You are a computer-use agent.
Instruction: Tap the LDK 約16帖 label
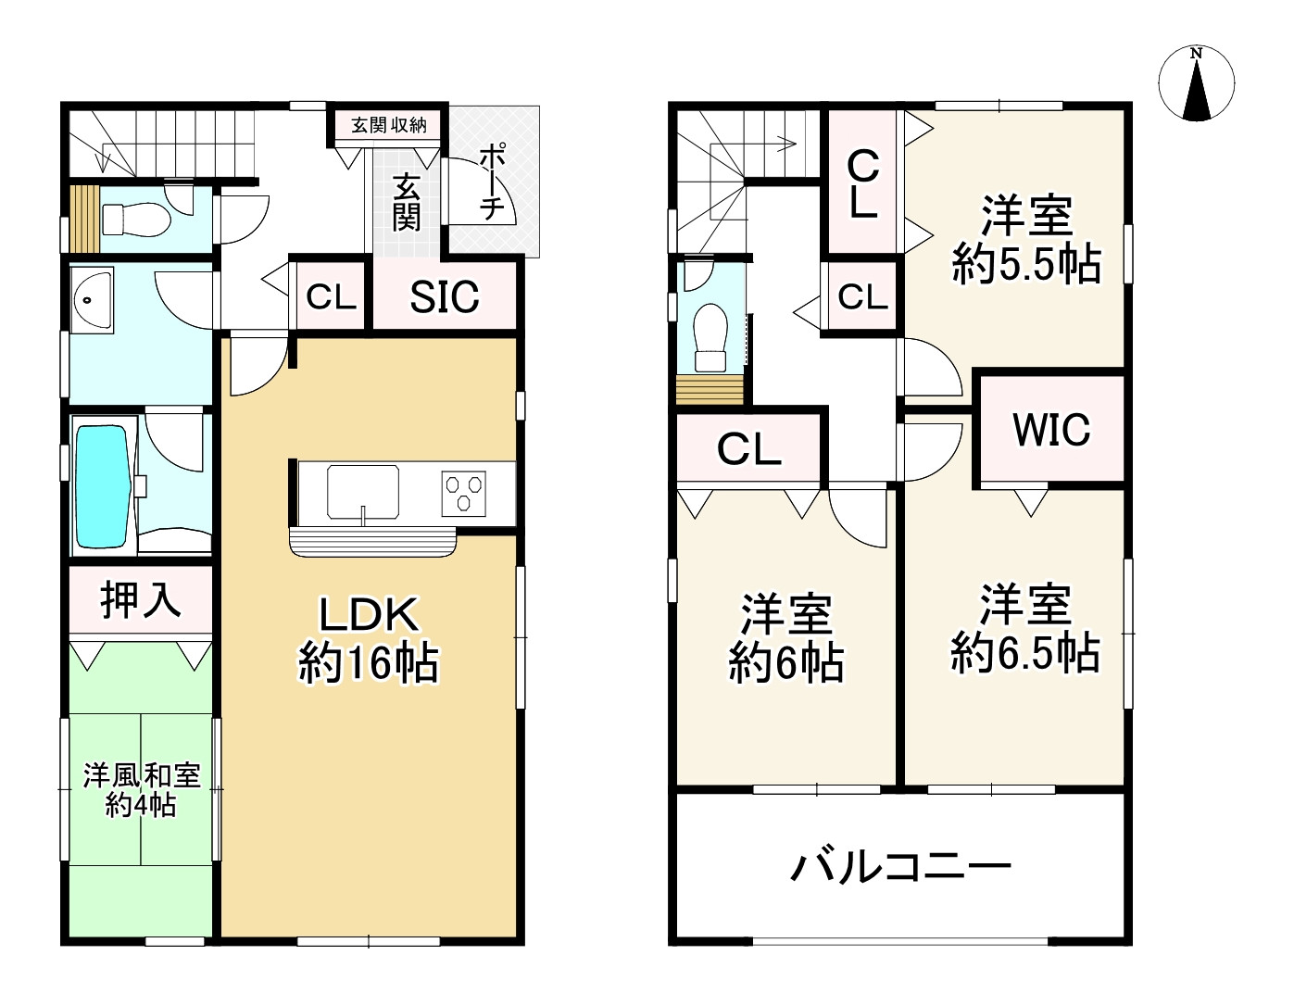pos(369,639)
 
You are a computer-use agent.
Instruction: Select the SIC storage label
pos(445,296)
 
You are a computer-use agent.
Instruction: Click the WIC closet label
pos(1051,429)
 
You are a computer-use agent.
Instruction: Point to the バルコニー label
pos(900,867)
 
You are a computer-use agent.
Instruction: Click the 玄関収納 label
pos(389,125)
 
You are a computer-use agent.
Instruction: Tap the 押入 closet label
pos(141,599)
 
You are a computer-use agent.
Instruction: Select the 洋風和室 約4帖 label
pos(142,790)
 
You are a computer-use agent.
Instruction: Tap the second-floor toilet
pos(711,337)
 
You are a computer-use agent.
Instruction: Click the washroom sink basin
pos(92,300)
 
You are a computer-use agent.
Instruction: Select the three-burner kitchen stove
pos(463,494)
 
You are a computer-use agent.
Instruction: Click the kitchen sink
pos(363,492)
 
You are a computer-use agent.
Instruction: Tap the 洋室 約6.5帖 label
pos(1024,629)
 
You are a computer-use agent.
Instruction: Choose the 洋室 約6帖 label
pos(786,638)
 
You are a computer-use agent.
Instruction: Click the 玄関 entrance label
pos(406,202)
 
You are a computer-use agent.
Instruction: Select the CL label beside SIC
pos(331,296)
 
